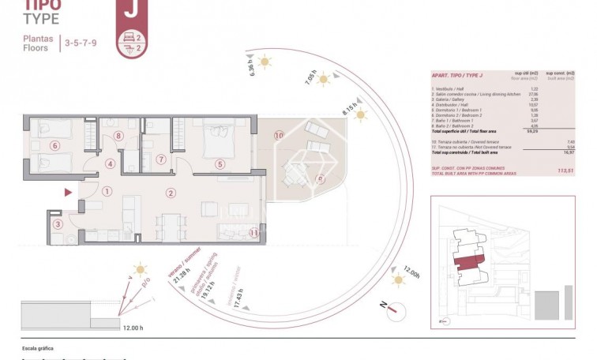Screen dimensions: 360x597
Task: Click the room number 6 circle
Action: [x=54, y=145]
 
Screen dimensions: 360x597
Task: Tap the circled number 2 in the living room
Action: [x=170, y=193]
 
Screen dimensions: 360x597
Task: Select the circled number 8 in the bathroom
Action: [x=118, y=136]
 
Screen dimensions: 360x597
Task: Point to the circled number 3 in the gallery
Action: [x=58, y=224]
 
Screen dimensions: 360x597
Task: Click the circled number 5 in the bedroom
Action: [x=220, y=164]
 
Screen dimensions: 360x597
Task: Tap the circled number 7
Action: [x=161, y=159]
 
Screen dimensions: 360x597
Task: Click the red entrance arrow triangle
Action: [x=69, y=192]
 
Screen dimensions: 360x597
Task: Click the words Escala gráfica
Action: [x=38, y=347]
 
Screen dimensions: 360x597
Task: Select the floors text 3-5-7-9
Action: [x=81, y=42]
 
